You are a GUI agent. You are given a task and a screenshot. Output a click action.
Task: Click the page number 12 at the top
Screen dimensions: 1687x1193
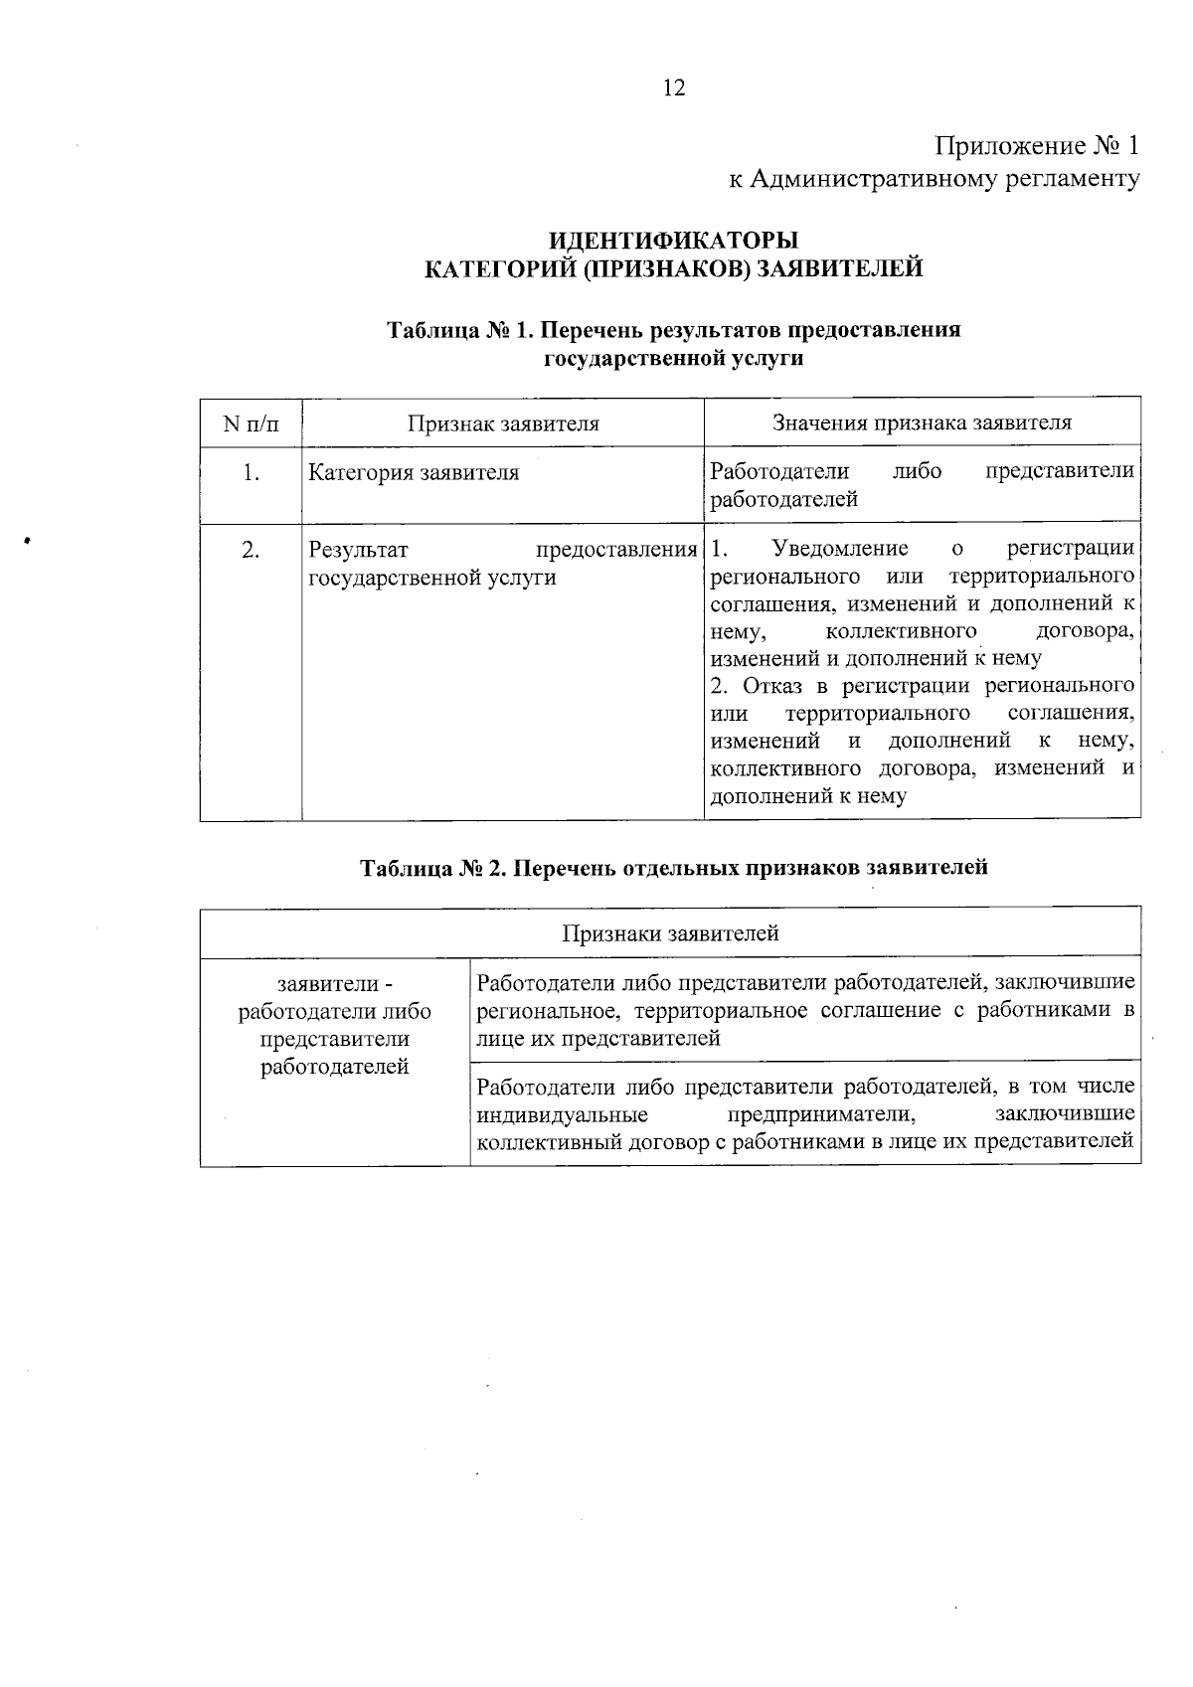coord(673,88)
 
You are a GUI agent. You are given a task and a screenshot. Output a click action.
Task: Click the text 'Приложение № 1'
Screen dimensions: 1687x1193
coord(1035,147)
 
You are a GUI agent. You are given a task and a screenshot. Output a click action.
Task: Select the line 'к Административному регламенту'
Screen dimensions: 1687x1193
coord(934,179)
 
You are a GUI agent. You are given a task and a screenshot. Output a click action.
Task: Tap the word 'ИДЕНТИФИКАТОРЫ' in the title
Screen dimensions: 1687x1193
coord(673,242)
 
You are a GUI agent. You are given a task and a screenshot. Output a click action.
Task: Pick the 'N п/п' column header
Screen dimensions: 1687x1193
coord(251,423)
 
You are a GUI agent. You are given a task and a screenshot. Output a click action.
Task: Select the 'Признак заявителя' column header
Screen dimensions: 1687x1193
coord(503,423)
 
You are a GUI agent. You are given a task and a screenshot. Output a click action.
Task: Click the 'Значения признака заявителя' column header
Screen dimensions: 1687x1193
coord(922,422)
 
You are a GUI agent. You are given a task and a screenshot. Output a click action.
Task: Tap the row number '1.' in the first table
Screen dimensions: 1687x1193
coord(251,473)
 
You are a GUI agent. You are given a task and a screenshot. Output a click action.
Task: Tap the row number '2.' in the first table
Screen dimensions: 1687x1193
coord(251,550)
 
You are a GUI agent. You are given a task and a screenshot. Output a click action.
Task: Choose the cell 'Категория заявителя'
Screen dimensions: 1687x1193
coord(414,473)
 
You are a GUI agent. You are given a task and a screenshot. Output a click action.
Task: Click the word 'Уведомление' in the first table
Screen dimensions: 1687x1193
coord(839,549)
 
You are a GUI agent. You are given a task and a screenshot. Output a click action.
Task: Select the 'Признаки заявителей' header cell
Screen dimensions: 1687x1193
coord(670,933)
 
